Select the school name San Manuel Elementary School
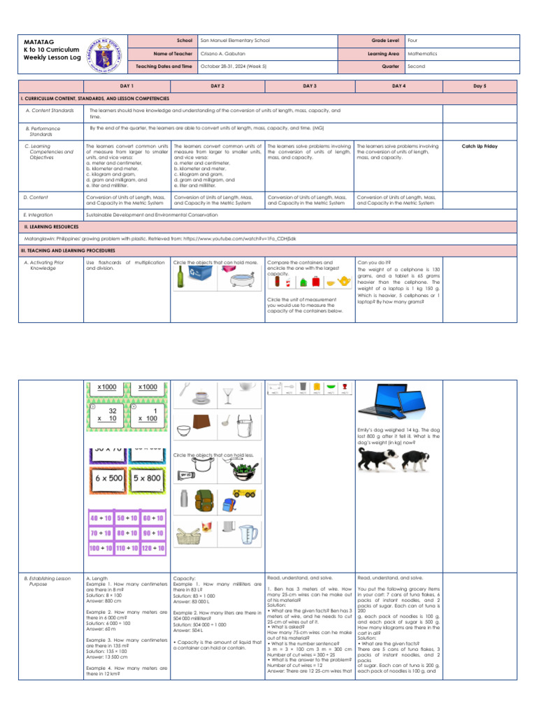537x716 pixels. (234, 41)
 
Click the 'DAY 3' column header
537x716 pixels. (310, 85)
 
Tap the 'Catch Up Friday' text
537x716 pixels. (480, 146)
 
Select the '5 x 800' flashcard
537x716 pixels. (147, 479)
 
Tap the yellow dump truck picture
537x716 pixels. (245, 493)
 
